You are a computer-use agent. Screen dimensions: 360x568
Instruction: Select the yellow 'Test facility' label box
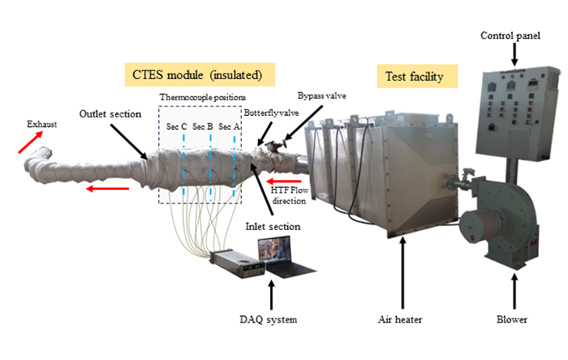tap(416, 76)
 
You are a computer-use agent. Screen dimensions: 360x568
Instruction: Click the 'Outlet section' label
tap(110, 113)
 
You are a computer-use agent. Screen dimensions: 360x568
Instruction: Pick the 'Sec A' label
tap(229, 125)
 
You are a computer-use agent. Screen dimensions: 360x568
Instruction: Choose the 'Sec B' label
tap(203, 125)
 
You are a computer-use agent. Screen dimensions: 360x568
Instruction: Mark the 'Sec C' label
tap(176, 125)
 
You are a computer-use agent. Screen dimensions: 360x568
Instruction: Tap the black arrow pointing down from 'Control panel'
tap(514, 53)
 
